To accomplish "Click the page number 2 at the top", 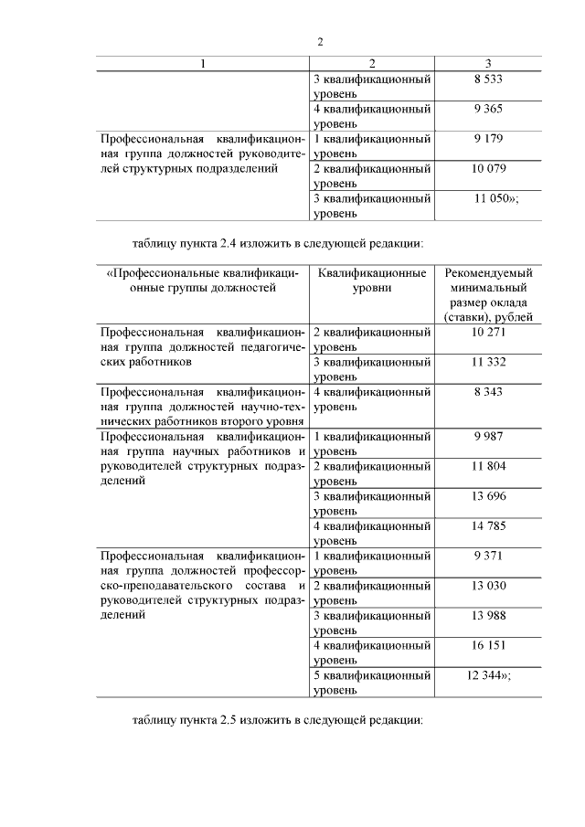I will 320,41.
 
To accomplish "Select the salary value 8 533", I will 488,80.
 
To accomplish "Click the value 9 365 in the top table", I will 488,110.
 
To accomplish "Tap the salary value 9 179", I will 488,139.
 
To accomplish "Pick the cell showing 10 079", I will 488,169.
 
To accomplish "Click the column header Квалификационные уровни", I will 372,280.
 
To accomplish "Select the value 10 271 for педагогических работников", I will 488,333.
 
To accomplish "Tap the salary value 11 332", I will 488,362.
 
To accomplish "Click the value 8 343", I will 488,392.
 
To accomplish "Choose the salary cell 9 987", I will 488,437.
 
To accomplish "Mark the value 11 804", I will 488,466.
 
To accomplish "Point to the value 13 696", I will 488,496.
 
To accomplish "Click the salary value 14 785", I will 488,525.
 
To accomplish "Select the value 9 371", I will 488,556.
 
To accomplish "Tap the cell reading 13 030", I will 488,585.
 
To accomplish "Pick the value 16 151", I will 488,645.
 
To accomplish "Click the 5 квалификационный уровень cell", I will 372,683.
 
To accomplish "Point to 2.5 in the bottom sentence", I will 229,720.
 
